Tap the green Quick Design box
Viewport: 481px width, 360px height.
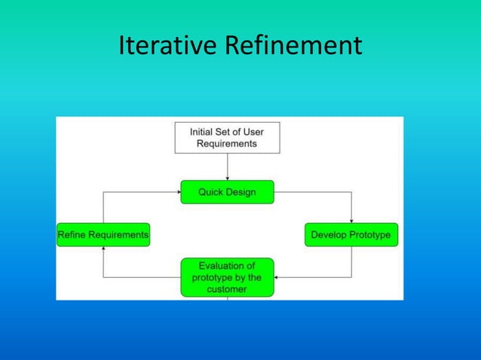[x=227, y=192]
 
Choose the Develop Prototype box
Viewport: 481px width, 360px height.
[x=351, y=235]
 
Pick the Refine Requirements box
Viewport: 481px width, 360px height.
[x=103, y=235]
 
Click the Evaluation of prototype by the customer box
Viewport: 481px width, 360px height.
[x=227, y=277]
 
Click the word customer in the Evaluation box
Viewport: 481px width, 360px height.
[x=227, y=289]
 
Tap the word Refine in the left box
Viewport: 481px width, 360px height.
[x=73, y=235]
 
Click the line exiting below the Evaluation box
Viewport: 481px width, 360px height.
[x=227, y=298]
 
